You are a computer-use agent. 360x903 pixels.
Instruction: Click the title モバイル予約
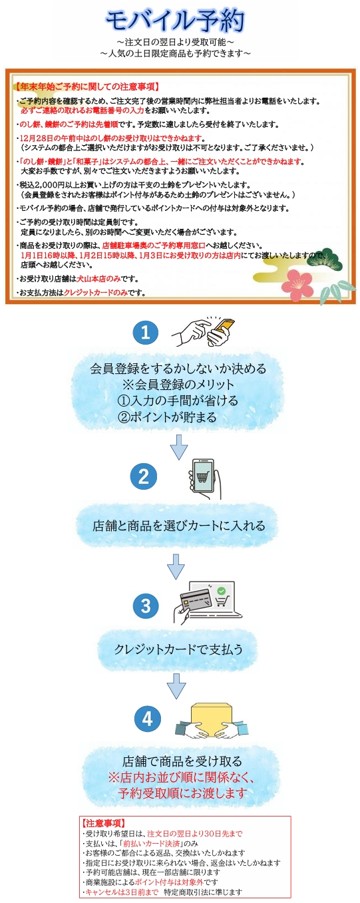(x=176, y=21)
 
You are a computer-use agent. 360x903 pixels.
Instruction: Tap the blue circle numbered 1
(x=145, y=333)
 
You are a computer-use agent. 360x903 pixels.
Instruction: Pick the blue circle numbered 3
(x=145, y=606)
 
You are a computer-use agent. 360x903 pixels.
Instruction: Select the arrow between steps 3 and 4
(x=176, y=685)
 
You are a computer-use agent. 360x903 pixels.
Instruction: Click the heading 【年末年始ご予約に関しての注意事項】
(x=86, y=87)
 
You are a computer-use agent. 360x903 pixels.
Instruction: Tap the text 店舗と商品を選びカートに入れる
(x=178, y=525)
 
